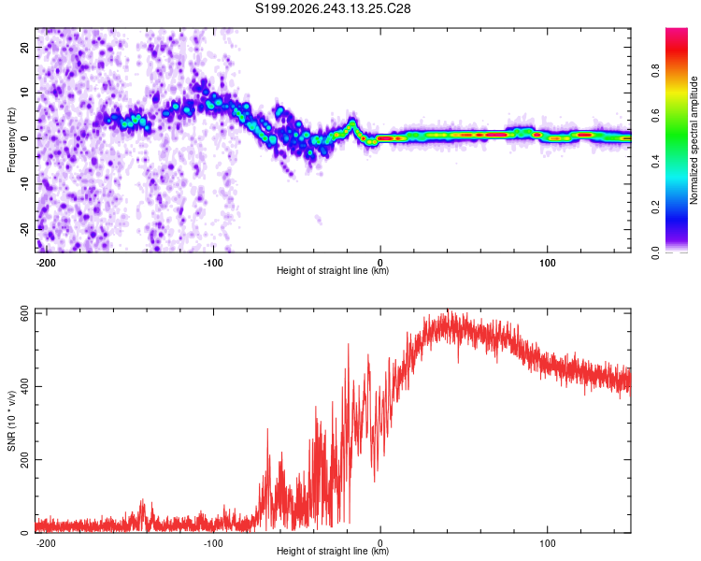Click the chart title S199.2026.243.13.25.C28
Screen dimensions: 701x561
tap(333, 8)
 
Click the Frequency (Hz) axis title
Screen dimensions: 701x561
tap(11, 140)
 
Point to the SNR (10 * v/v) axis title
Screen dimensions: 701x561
tap(11, 421)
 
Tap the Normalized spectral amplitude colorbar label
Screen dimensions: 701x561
tap(694, 140)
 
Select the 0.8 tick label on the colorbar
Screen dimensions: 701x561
tap(655, 71)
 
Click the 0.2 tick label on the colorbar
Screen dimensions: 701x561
tap(655, 208)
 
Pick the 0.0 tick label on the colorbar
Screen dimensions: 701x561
tap(655, 253)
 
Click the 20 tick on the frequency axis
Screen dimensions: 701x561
tap(25, 47)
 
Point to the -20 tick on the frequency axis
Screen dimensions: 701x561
tap(25, 229)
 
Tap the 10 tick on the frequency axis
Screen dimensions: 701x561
tap(25, 93)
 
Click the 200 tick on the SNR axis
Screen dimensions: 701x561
tap(25, 459)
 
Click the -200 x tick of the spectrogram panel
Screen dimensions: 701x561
tap(46, 263)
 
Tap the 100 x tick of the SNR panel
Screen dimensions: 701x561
tap(547, 543)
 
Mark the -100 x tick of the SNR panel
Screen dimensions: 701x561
tap(213, 543)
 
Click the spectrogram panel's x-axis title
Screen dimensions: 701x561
tap(333, 270)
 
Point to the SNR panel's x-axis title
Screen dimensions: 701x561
tap(333, 551)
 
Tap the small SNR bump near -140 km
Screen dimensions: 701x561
tap(143, 510)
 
